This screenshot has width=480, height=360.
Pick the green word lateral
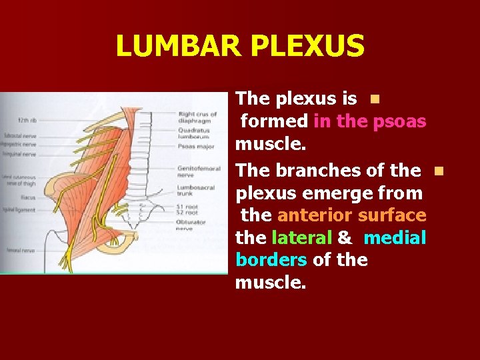point(301,238)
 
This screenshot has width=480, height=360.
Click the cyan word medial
point(395,238)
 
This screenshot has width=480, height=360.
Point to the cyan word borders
point(271,260)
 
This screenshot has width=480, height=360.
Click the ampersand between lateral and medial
point(345,238)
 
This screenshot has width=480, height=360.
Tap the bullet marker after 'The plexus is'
point(375,99)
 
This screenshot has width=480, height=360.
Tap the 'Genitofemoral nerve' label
point(194,172)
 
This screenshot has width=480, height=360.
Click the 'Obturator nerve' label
point(192,225)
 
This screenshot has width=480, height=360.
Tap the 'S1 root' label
point(188,207)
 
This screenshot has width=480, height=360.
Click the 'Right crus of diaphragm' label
point(197,117)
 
